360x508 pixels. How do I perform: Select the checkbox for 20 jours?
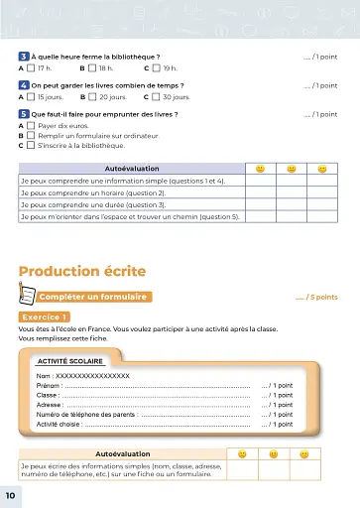(x=92, y=97)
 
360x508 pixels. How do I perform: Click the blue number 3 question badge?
(x=24, y=58)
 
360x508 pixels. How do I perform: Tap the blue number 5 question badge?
(x=24, y=115)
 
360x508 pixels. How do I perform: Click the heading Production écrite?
(x=82, y=271)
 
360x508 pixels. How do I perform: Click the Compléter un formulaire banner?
(x=93, y=297)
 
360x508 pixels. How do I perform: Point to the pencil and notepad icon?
(x=27, y=295)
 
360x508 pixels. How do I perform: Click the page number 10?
(x=10, y=494)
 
